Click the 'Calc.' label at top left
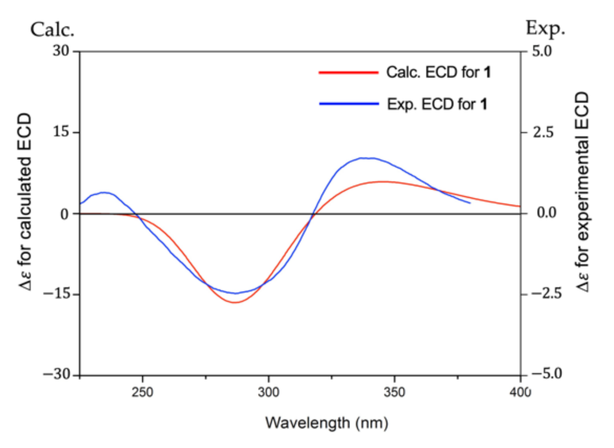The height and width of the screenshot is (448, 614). pos(52,30)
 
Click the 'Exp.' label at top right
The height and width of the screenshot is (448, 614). pos(545,29)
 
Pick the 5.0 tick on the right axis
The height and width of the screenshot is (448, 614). pos(541,52)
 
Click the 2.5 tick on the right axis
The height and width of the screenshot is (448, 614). pos(541,133)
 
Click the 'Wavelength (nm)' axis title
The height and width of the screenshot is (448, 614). pos(326,422)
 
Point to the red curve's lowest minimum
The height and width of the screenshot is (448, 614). pos(235,303)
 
